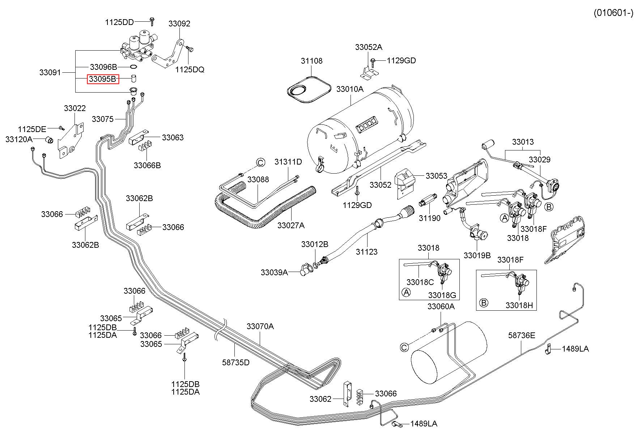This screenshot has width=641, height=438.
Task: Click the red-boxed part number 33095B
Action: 103,79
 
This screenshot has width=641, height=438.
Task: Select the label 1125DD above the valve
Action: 119,22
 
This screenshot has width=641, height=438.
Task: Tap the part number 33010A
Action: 350,89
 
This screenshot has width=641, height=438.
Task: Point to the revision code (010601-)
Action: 614,13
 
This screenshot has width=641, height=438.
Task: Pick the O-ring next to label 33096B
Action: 133,67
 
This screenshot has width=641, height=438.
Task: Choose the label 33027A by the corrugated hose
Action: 291,225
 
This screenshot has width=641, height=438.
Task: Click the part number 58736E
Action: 521,335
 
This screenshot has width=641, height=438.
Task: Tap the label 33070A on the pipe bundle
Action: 260,326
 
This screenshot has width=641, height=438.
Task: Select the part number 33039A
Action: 274,272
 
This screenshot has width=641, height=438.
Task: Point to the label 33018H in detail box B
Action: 519,305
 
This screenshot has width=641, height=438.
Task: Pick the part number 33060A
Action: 441,306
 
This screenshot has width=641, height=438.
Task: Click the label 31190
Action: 430,218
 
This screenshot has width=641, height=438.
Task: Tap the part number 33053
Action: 437,176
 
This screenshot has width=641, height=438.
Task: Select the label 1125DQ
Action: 190,69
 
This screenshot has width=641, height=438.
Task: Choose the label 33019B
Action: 477,255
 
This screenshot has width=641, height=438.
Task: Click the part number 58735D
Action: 236,362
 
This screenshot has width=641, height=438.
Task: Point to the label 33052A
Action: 369,47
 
